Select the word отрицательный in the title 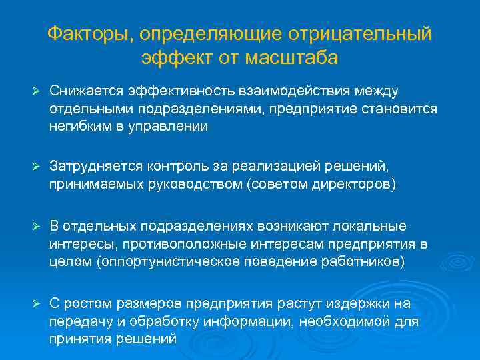[x=362, y=33]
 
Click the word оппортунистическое [x=173, y=261]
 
